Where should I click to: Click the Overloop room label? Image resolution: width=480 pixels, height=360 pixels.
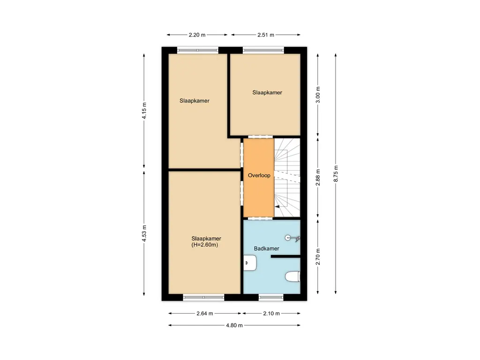259,175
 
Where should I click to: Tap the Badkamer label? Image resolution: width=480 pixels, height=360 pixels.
267,248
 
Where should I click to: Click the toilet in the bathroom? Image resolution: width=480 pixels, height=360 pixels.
292,277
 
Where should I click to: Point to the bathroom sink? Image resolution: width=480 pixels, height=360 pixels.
249,263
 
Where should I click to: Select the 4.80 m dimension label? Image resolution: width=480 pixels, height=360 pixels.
233,325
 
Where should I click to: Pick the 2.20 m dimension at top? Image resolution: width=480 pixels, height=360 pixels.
197,35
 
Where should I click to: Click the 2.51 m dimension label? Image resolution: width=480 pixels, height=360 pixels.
266,35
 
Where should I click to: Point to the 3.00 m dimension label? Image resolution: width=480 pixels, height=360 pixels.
318,95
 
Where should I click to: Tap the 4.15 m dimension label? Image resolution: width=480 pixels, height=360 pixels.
144,111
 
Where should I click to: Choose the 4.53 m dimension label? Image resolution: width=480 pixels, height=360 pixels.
144,233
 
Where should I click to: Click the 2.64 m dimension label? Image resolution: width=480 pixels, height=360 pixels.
204,314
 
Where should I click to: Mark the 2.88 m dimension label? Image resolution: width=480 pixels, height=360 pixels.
318,178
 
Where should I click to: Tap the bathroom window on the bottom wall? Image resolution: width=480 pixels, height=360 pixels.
271,297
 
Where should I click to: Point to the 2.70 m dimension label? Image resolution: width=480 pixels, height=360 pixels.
318,257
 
